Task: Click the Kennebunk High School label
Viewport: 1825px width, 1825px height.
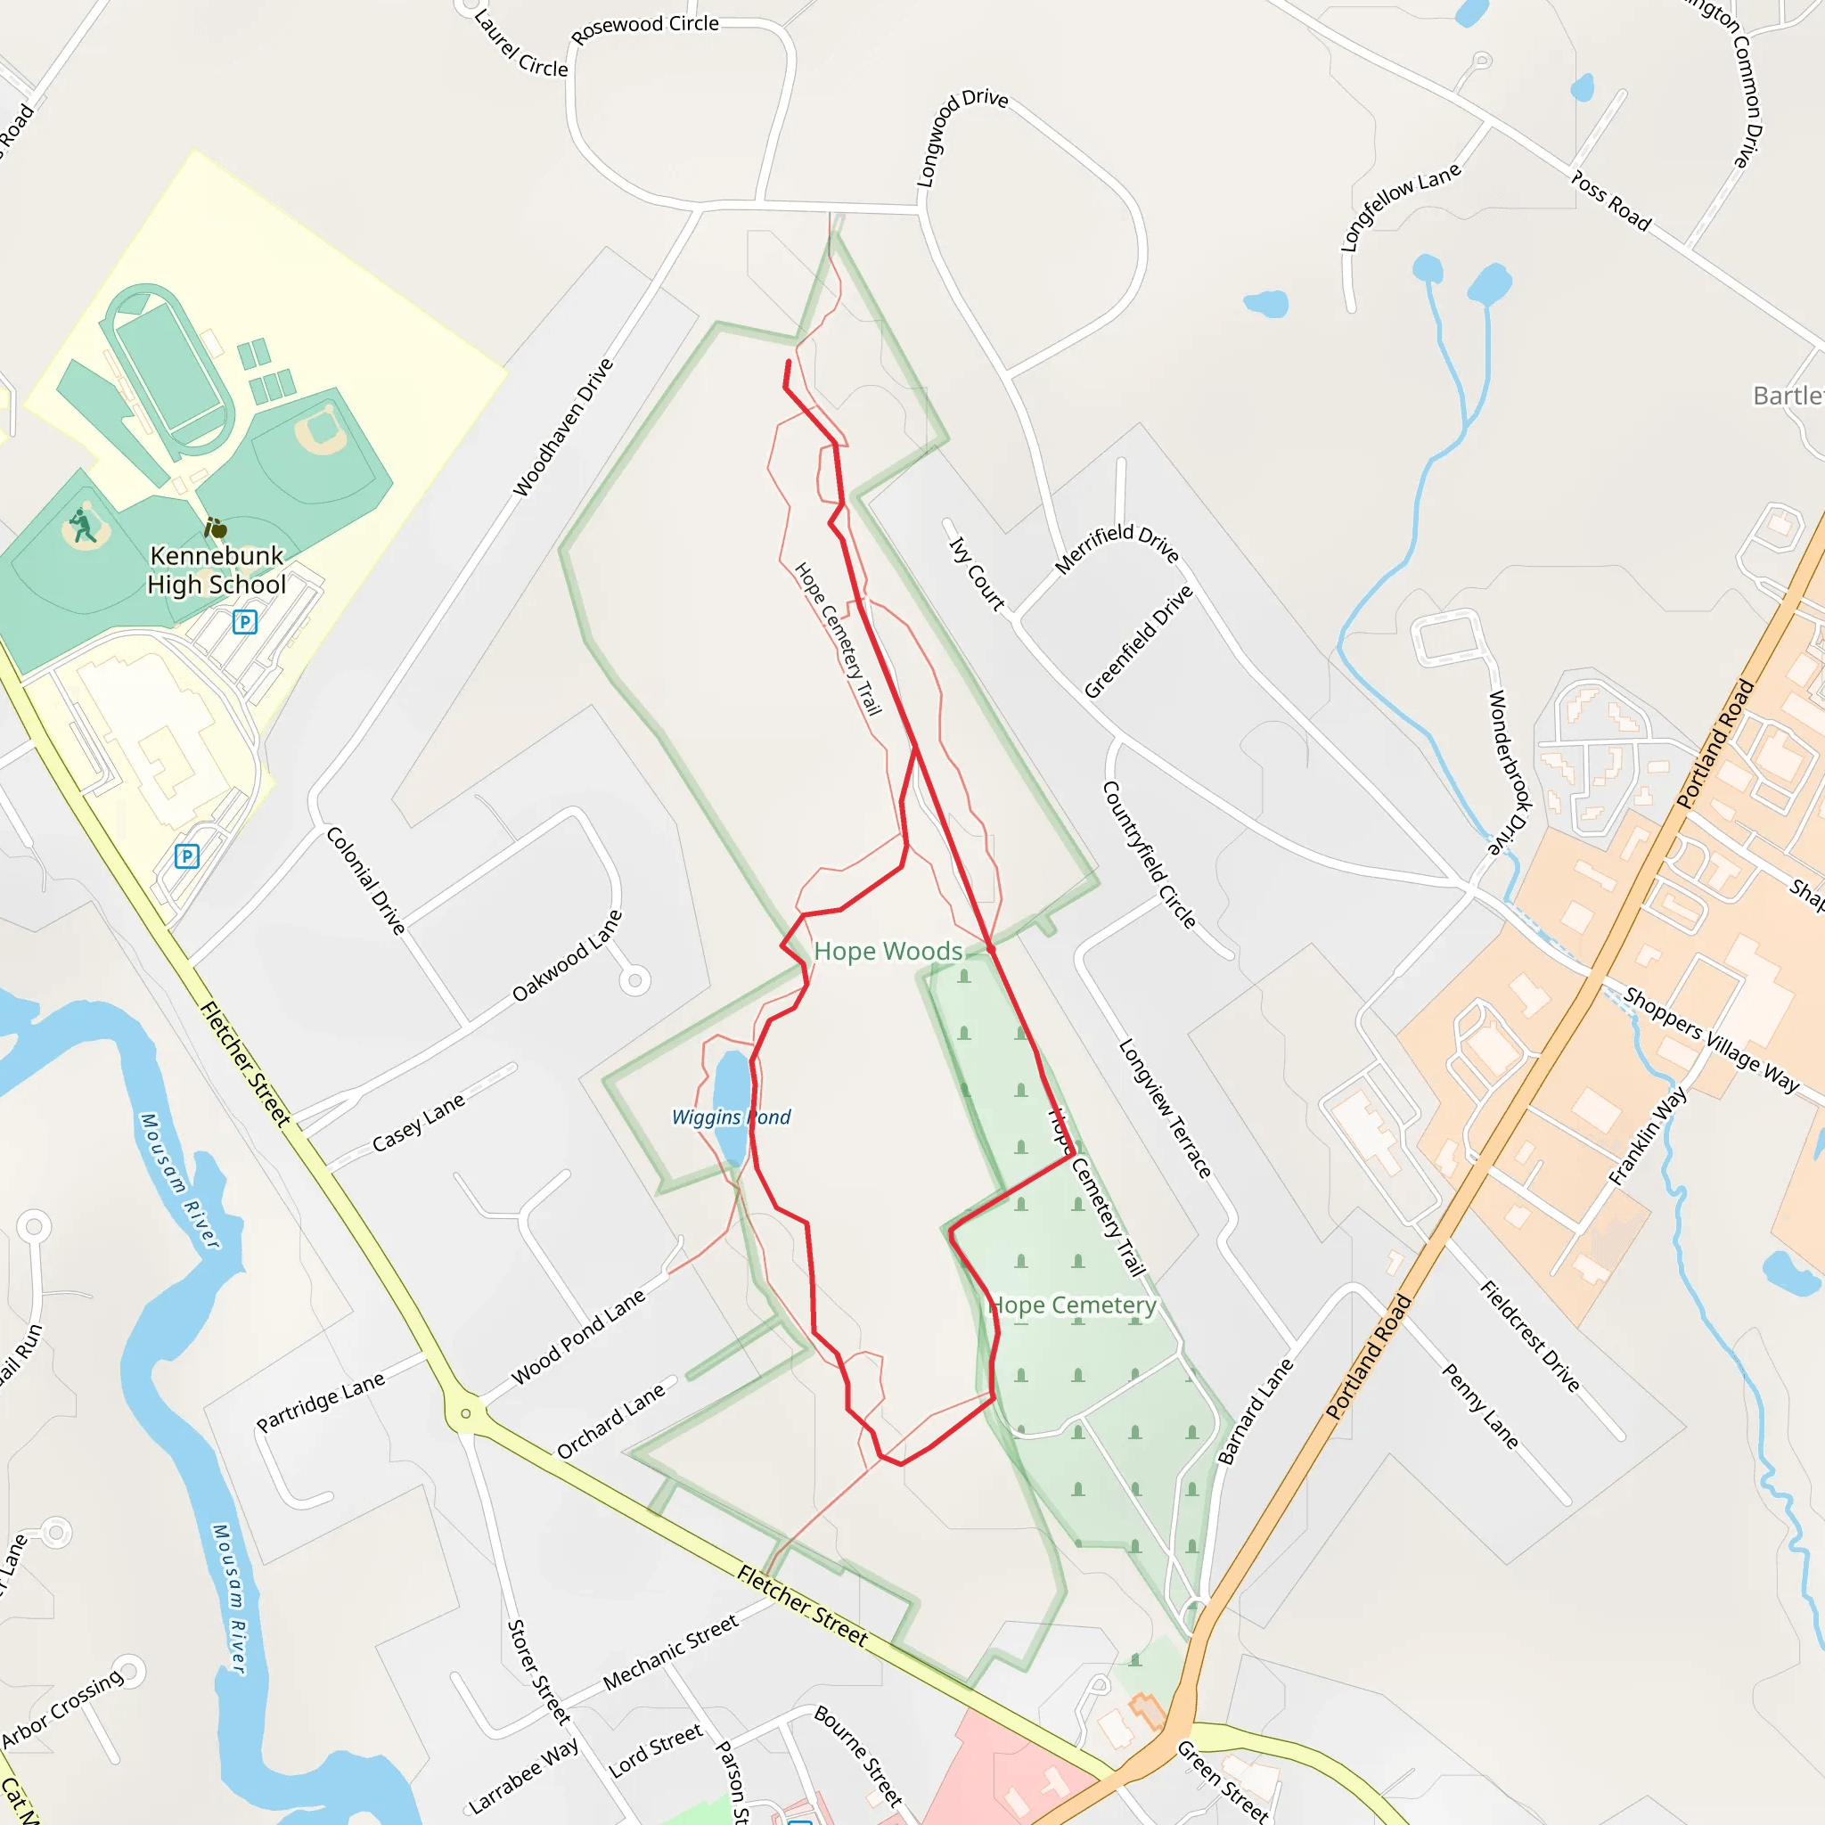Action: pos(217,569)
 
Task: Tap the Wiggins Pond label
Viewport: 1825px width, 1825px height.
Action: pos(730,1117)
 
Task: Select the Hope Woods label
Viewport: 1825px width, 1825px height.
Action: pos(888,951)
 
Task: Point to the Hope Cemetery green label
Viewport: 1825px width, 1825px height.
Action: pos(1072,1305)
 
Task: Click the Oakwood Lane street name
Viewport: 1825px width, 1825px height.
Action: pos(567,955)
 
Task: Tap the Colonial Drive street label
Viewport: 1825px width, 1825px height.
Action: pos(365,880)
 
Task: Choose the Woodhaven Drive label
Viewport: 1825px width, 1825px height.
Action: pos(563,427)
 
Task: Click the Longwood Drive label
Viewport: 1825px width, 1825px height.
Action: pos(961,138)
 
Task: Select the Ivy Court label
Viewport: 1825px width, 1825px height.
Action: pos(976,573)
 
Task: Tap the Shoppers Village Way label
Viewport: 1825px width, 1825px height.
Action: pos(1712,1039)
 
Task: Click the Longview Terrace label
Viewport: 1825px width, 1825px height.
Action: pos(1165,1108)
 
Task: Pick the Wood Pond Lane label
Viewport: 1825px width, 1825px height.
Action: pos(578,1337)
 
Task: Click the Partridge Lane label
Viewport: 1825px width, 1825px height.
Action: pos(320,1401)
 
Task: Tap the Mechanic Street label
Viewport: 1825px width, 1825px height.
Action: pos(671,1652)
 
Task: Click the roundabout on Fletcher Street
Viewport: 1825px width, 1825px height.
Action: pos(466,1413)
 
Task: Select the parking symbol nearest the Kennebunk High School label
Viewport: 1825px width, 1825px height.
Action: pos(245,622)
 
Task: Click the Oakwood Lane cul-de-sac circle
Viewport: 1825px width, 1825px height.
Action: pos(634,980)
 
